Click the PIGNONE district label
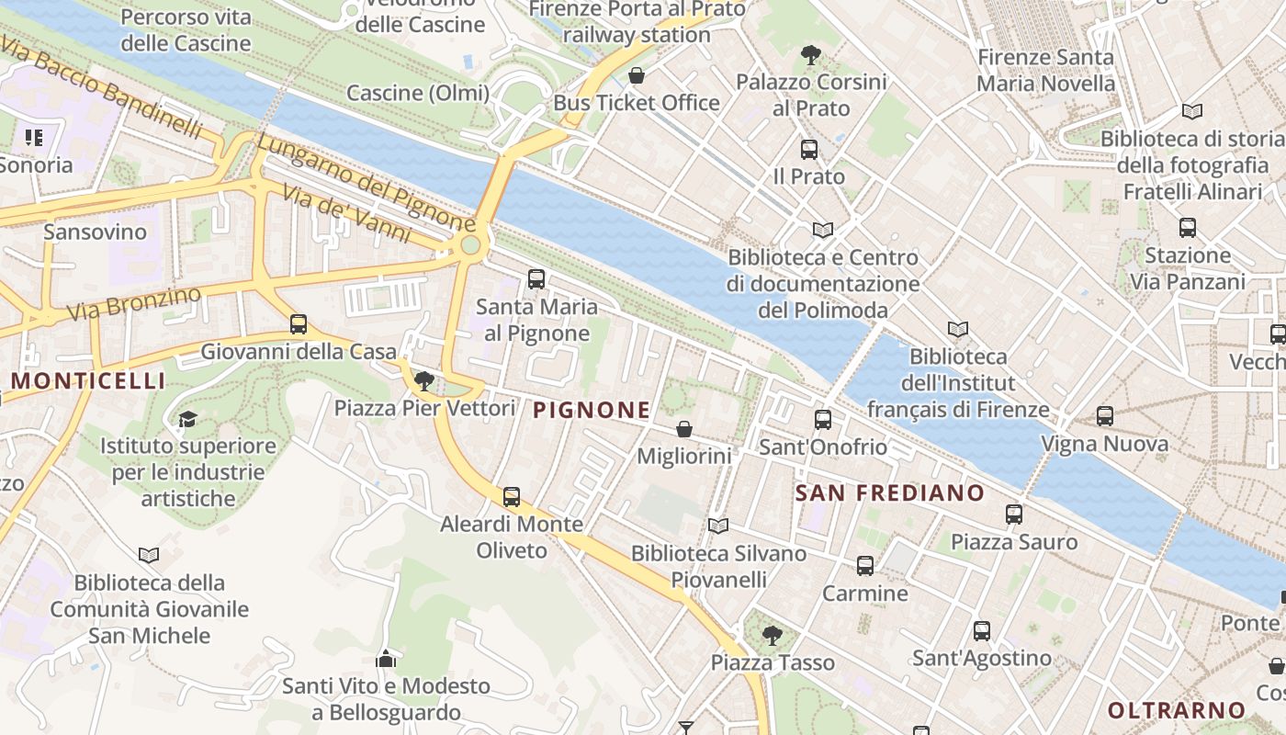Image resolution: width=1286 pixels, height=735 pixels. click(x=592, y=410)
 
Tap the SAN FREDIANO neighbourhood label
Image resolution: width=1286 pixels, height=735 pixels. click(x=889, y=493)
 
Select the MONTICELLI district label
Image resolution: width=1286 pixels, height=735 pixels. click(x=88, y=380)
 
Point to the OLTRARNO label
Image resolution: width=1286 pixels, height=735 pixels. click(x=1176, y=710)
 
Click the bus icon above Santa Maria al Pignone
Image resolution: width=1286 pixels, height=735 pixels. click(x=536, y=279)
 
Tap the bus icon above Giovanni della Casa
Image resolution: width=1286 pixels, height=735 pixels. click(x=299, y=324)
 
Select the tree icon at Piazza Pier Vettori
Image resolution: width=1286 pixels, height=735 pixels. click(x=423, y=380)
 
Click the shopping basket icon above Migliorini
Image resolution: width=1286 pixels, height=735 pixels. click(x=684, y=429)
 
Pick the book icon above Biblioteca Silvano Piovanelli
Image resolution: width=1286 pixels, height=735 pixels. click(x=718, y=526)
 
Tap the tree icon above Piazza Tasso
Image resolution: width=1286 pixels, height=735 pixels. click(x=773, y=635)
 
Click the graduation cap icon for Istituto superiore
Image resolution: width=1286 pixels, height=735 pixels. click(x=187, y=420)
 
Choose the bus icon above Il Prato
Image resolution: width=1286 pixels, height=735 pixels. click(x=809, y=150)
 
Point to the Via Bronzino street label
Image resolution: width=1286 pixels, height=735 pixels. click(x=134, y=304)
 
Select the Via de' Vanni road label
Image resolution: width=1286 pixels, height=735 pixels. click(x=346, y=214)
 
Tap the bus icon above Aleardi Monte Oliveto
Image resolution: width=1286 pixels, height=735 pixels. click(x=512, y=497)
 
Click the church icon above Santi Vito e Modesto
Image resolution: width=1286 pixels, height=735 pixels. click(x=386, y=659)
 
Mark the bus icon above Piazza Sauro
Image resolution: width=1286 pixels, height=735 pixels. click(x=1014, y=514)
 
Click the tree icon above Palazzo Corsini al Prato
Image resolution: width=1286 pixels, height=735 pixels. click(x=810, y=55)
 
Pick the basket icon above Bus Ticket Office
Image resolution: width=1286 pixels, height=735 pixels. click(x=636, y=75)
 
